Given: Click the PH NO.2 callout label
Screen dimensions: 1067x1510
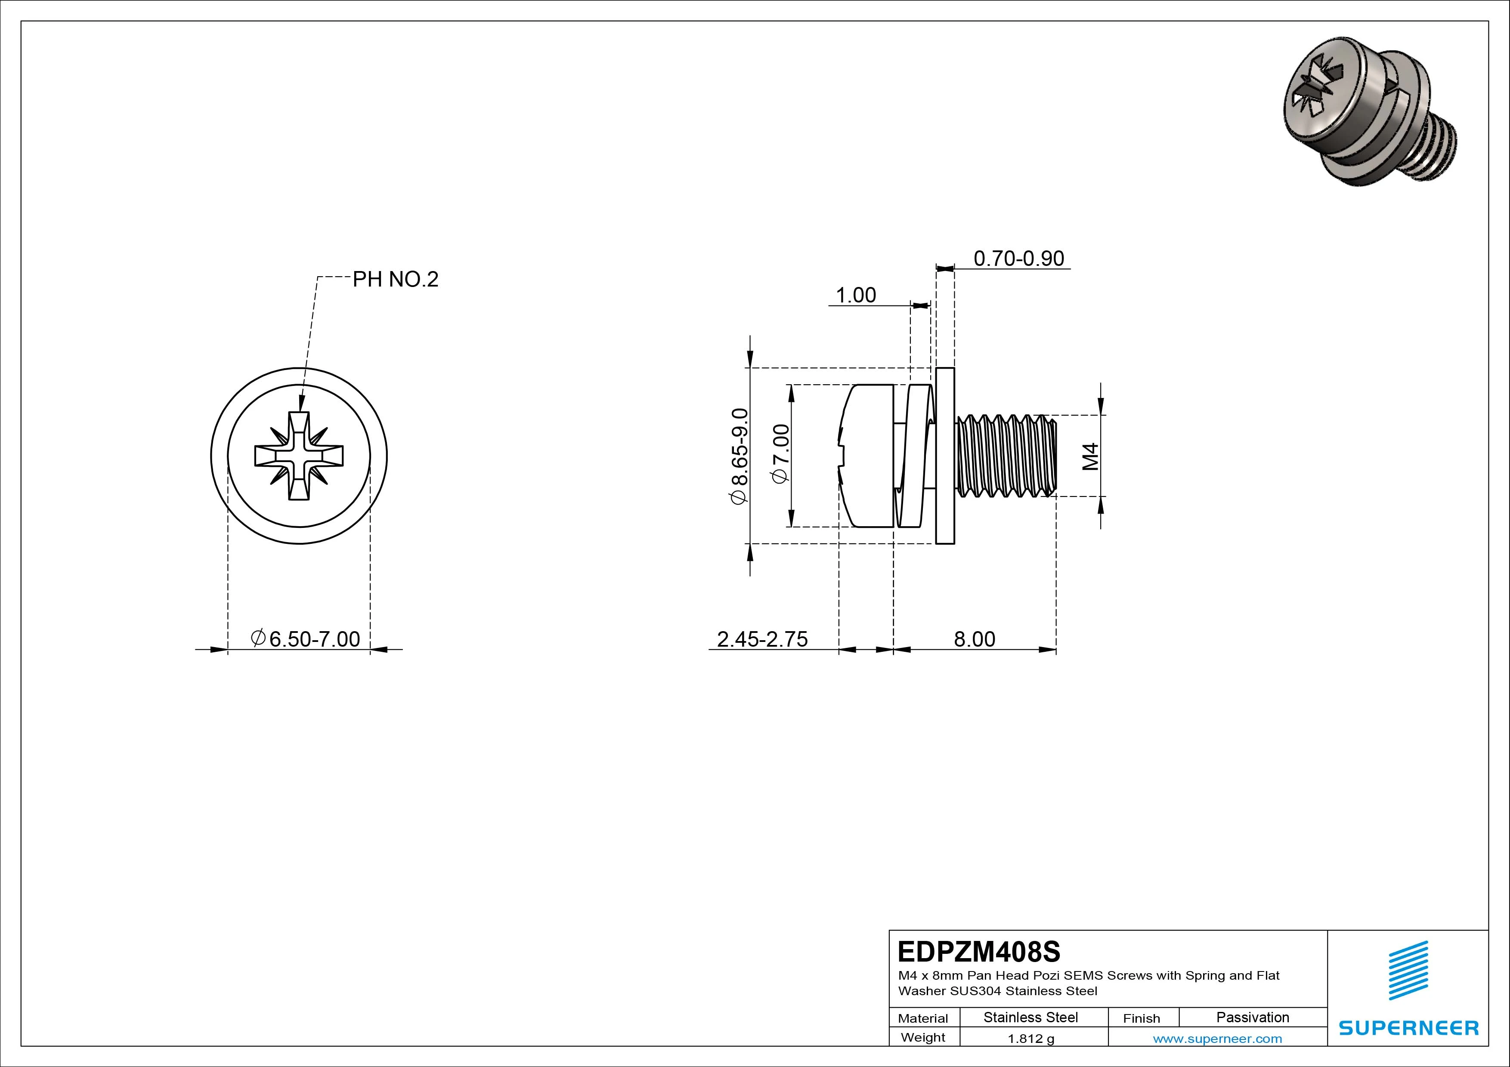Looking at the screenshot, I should coord(395,279).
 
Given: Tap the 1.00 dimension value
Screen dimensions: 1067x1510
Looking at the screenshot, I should coord(856,295).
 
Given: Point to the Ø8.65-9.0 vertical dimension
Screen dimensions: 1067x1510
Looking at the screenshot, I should coord(739,456).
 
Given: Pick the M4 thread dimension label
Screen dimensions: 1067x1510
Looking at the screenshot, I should coord(1090,456).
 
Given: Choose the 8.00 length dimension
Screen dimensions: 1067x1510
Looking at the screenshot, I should coord(974,639).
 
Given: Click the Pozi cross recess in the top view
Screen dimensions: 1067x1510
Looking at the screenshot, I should coord(299,456).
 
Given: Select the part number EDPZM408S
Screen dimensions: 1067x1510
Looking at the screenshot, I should coord(978,951).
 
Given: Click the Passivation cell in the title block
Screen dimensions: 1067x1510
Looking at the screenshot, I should coord(1252,1017).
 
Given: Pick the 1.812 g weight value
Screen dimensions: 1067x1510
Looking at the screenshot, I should coord(1030,1039).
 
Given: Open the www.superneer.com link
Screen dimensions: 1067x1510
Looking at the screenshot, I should coord(1217,1039).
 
